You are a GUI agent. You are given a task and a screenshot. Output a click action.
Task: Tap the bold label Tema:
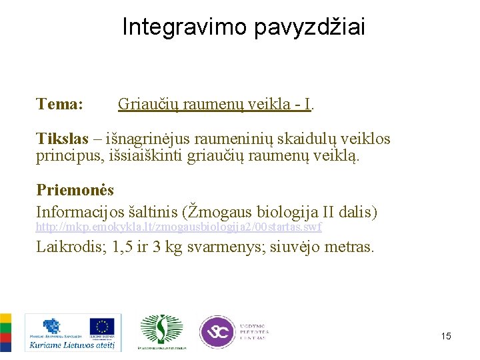[x=60, y=104]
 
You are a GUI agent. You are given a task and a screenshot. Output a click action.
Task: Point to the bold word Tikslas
[x=62, y=139]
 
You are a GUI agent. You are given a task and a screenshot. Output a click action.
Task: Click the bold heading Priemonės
[x=75, y=190]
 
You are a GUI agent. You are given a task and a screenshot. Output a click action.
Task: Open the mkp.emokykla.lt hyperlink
[x=178, y=227]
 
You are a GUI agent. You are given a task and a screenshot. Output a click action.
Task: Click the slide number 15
[x=446, y=336]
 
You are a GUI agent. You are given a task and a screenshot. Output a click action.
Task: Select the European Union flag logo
[x=102, y=327]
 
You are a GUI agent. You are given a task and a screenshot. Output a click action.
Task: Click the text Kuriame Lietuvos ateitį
[x=71, y=345]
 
